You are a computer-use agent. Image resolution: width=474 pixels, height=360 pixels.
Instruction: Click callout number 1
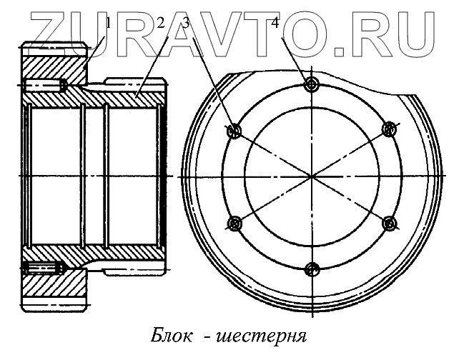[x=109, y=23]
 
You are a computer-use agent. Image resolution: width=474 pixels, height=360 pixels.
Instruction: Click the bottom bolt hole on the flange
[x=311, y=269]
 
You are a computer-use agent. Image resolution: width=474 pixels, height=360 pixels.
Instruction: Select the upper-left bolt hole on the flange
[x=233, y=131]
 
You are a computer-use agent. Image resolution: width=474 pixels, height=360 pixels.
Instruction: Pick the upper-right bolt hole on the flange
[x=390, y=129]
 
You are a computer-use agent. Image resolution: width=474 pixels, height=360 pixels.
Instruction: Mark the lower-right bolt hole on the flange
[x=390, y=224]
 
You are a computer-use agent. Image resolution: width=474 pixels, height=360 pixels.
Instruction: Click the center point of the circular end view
[x=311, y=176]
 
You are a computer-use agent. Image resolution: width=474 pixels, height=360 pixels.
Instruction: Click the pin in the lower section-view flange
[x=44, y=269]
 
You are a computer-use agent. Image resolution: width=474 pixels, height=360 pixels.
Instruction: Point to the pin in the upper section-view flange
[x=44, y=86]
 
